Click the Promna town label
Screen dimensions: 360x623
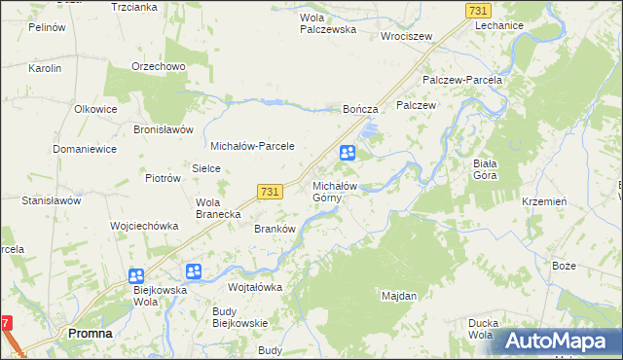pyautogui.click(x=90, y=333)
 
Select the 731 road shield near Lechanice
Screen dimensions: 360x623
pyautogui.click(x=477, y=9)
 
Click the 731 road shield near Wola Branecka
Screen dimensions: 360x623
pyautogui.click(x=271, y=193)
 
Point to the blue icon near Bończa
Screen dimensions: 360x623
pyautogui.click(x=348, y=153)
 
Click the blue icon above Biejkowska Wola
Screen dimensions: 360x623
pyautogui.click(x=135, y=276)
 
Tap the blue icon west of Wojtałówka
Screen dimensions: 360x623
pyautogui.click(x=194, y=271)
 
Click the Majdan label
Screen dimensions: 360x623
pyautogui.click(x=399, y=295)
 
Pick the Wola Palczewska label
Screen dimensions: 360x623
pyautogui.click(x=328, y=23)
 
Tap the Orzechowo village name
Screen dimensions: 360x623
pyautogui.click(x=159, y=66)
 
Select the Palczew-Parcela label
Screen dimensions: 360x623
pyautogui.click(x=461, y=80)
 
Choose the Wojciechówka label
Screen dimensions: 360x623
pyautogui.click(x=144, y=225)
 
